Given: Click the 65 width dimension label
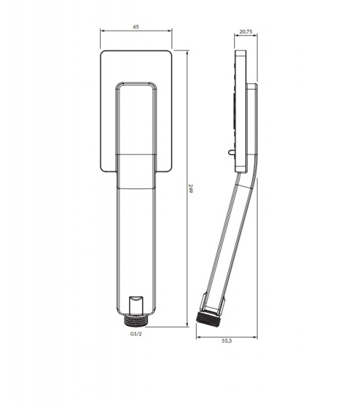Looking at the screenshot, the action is coord(136,26).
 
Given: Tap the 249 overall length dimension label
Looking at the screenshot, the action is coord(191,189).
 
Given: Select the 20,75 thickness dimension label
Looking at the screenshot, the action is coord(246,32).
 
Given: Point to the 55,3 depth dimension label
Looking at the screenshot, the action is coord(227,341).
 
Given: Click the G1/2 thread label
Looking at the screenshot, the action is coord(136,334).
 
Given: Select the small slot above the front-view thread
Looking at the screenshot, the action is coord(135,306).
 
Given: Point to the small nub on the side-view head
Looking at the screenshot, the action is coord(231,153).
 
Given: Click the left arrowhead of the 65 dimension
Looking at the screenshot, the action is coord(102,31).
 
